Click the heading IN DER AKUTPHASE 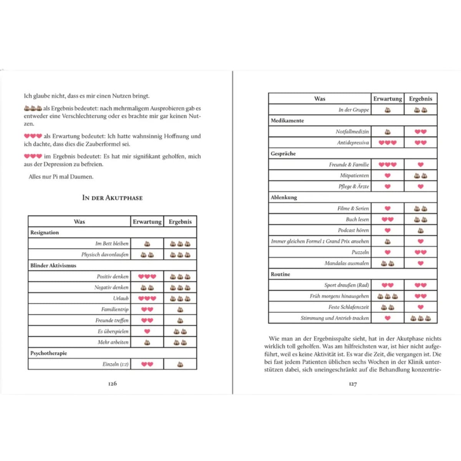112,198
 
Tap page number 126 112,383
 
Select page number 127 353,384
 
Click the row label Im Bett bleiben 112,244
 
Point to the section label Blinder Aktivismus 53,265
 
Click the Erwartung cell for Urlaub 147,298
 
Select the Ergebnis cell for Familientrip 180,309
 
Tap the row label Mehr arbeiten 113,342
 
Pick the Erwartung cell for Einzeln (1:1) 147,364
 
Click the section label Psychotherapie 49,353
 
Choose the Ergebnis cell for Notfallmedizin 421,131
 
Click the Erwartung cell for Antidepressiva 387,143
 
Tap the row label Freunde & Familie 349,164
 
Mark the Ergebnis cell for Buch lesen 421,219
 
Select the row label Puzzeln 360,252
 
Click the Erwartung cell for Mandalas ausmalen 387,264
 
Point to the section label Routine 280,274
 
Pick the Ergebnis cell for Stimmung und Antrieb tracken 421,318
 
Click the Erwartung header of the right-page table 388,99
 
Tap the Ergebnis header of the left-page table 180,222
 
